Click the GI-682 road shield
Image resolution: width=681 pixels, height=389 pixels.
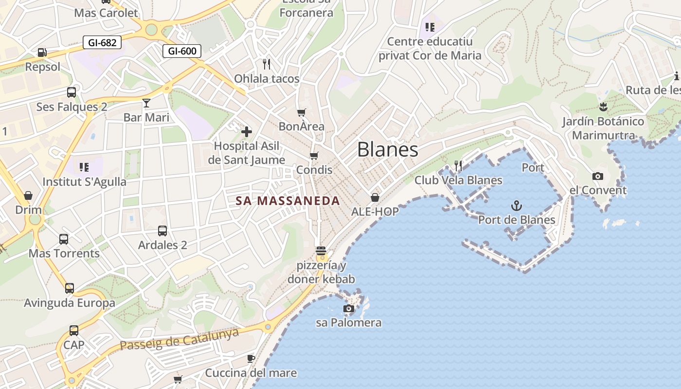click(x=102, y=42)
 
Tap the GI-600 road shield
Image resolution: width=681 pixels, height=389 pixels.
click(x=182, y=51)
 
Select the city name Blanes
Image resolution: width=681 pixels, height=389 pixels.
click(x=388, y=149)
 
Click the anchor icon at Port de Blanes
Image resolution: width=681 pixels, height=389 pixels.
click(x=517, y=206)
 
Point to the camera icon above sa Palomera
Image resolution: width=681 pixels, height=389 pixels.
click(x=349, y=308)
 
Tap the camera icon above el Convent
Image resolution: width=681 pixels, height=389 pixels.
click(x=598, y=176)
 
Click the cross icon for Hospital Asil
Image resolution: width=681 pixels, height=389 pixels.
click(x=247, y=131)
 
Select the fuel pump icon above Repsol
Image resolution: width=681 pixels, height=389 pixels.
click(x=42, y=52)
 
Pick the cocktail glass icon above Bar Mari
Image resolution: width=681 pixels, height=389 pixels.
click(x=146, y=103)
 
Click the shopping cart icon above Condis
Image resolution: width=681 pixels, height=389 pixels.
click(x=314, y=156)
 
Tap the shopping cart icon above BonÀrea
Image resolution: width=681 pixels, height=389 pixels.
click(x=302, y=112)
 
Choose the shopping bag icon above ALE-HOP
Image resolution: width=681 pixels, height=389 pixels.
click(x=375, y=197)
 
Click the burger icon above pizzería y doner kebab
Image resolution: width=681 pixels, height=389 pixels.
click(x=321, y=251)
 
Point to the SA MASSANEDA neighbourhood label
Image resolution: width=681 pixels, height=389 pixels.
click(x=287, y=200)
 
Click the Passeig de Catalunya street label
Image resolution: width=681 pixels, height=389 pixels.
click(x=179, y=339)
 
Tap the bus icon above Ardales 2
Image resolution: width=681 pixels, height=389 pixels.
click(x=162, y=230)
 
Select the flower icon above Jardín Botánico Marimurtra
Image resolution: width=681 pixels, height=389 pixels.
click(x=603, y=107)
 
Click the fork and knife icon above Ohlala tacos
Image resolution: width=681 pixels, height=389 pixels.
click(x=267, y=64)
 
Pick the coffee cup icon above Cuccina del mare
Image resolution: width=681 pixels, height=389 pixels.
click(x=251, y=358)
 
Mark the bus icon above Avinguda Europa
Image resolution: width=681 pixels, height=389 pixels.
click(x=70, y=288)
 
